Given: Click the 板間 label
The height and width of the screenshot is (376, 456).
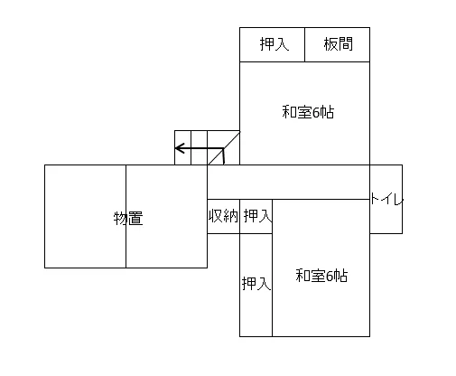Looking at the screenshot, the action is click(x=338, y=44).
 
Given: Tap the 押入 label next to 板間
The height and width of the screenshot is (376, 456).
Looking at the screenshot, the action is click(x=275, y=44).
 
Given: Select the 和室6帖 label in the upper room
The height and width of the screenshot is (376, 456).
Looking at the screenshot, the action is click(x=308, y=112).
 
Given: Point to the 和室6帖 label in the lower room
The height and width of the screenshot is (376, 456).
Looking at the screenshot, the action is click(x=321, y=276).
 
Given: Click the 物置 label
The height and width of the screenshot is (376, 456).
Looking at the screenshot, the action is click(x=128, y=218).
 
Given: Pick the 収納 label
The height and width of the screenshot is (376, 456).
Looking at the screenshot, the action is click(x=223, y=216).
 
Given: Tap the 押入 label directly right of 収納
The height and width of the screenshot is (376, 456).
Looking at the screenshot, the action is click(x=257, y=216).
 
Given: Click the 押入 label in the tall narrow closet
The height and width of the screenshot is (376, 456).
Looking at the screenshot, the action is click(x=256, y=283).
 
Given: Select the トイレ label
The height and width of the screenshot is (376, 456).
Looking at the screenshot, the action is click(x=386, y=199).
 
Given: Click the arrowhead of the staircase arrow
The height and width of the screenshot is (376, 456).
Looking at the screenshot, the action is click(x=180, y=148).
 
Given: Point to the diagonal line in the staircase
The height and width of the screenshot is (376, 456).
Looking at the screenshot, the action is click(x=224, y=148).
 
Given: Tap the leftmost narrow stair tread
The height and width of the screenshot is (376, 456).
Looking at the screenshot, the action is click(x=182, y=147).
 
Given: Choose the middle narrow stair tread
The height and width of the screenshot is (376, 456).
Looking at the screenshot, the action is click(x=199, y=147).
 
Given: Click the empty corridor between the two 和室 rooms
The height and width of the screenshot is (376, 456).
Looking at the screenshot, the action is click(x=288, y=182).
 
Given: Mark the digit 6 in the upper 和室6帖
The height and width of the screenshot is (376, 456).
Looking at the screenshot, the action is click(x=316, y=113).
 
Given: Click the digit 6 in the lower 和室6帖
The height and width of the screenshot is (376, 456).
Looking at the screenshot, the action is click(x=330, y=276).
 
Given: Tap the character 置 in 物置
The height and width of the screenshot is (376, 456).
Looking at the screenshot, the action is click(x=135, y=218).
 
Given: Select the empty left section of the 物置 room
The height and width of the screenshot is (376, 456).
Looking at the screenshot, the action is click(x=85, y=216).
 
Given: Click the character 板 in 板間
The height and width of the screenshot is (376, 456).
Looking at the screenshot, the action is click(x=330, y=44).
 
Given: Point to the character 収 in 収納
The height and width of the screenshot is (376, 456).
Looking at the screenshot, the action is click(x=216, y=216).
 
